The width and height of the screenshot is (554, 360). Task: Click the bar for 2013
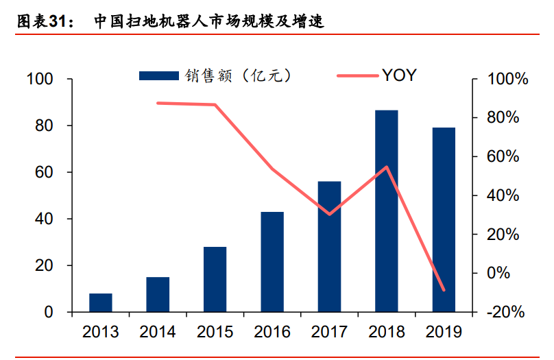coord(100,302)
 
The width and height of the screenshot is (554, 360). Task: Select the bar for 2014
coord(158,294)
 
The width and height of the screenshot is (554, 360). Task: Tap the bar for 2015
coord(215,279)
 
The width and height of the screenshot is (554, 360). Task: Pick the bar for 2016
coord(272,262)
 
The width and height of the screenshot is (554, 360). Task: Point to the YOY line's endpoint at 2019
coord(444,290)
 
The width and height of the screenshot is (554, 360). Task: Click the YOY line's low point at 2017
coord(329,214)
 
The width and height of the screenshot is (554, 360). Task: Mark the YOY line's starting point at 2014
coord(158,103)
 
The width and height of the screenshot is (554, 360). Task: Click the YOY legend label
coord(398,75)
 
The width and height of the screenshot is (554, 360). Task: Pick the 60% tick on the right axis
coord(507,157)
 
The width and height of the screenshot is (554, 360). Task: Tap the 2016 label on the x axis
coord(272,333)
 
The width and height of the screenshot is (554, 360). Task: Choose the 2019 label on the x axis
coord(444,333)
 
